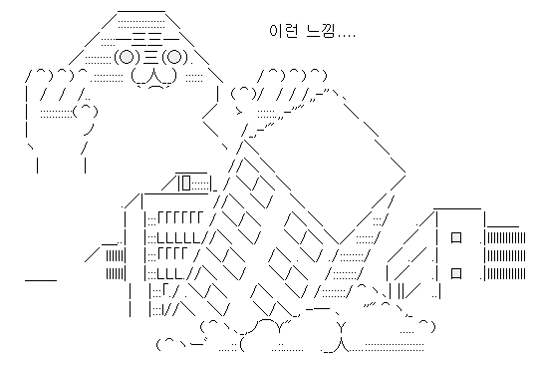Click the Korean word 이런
click(x=282, y=31)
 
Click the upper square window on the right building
click(x=455, y=237)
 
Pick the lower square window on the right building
click(x=455, y=271)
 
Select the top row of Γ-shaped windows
click(x=180, y=218)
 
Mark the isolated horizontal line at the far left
click(x=40, y=280)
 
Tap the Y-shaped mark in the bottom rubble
click(x=342, y=325)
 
